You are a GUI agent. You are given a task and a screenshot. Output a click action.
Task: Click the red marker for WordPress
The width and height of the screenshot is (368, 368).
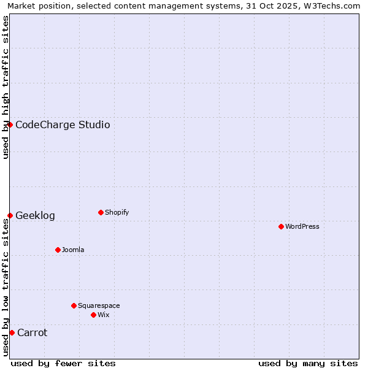[281, 226]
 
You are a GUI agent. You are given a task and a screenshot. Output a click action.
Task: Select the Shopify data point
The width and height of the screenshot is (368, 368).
[101, 212]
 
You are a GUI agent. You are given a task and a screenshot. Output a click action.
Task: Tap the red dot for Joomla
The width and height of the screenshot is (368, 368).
[58, 250]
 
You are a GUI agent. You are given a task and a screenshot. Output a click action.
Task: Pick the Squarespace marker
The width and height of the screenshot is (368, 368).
[74, 305]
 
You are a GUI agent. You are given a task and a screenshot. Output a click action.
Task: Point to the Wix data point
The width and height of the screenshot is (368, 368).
[93, 315]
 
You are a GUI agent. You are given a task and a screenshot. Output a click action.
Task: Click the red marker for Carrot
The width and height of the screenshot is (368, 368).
[12, 332]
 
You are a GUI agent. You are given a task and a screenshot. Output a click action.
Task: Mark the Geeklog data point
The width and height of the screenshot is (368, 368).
[10, 215]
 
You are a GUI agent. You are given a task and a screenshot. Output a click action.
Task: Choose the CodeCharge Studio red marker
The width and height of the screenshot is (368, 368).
[10, 125]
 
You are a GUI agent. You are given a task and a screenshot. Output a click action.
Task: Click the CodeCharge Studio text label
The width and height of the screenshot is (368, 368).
[63, 125]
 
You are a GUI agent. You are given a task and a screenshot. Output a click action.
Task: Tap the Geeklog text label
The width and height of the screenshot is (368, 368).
[35, 216]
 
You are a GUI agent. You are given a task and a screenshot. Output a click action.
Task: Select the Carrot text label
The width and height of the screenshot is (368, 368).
[32, 333]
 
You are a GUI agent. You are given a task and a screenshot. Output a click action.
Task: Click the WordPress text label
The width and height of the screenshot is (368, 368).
[302, 226]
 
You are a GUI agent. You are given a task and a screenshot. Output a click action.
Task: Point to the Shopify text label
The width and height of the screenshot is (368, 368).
[117, 212]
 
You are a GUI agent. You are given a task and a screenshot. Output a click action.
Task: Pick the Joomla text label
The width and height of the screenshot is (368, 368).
[73, 250]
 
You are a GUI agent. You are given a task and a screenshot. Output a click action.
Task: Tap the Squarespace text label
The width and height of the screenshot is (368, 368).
[99, 305]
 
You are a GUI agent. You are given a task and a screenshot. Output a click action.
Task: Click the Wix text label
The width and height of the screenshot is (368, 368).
[103, 315]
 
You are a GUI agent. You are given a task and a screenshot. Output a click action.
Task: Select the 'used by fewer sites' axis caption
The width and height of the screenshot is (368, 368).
[63, 363]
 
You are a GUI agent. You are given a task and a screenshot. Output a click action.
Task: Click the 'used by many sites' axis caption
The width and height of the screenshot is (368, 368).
[308, 363]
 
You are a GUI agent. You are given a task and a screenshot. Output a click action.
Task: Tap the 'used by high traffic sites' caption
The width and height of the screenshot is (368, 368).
[6, 87]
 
